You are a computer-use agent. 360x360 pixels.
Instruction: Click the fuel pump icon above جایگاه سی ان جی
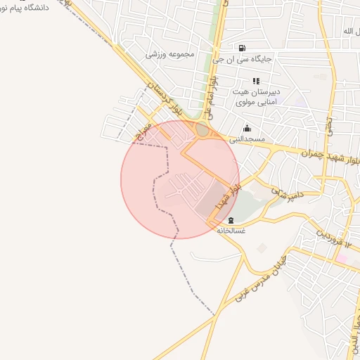[x=242, y=49]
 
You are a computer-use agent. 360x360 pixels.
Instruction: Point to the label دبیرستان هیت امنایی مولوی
[x=257, y=97]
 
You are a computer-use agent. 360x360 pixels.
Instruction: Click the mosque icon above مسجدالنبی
[x=247, y=128]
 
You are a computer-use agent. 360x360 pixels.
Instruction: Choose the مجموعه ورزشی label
[x=169, y=53]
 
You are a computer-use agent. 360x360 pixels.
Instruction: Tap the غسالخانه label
[x=231, y=231]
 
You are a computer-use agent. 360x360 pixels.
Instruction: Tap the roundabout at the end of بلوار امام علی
[x=202, y=129]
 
